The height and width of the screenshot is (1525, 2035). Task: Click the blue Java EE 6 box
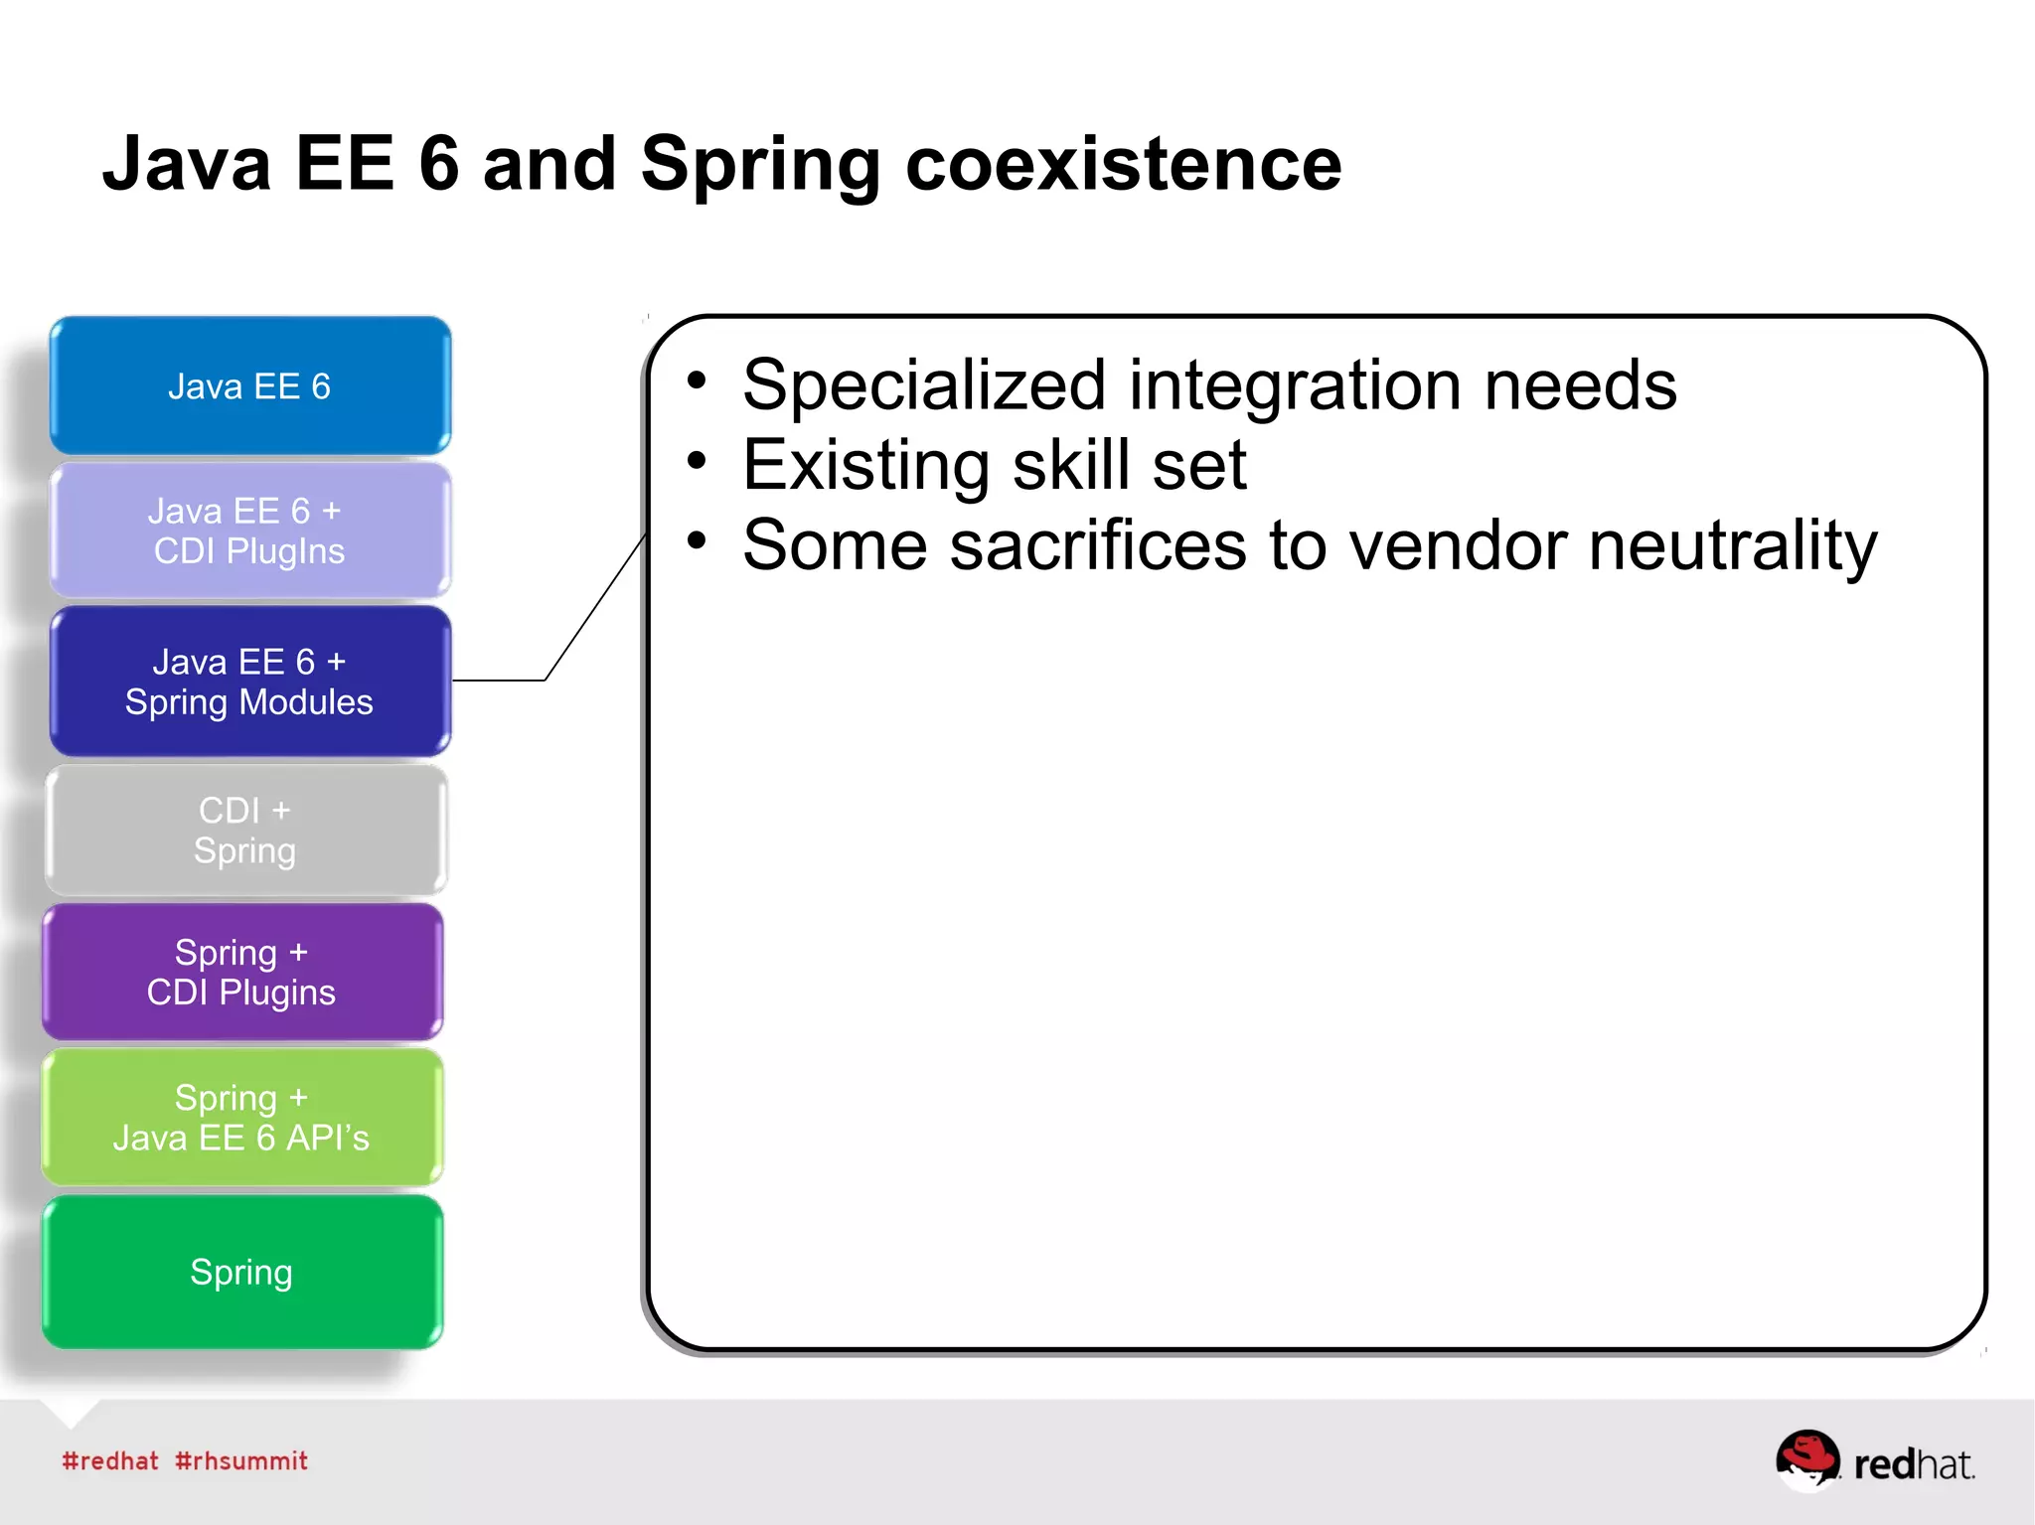click(249, 385)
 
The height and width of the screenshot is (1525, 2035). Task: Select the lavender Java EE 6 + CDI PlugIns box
click(249, 531)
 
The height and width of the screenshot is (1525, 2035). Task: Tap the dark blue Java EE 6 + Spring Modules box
click(249, 682)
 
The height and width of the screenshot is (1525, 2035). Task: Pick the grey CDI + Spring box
click(245, 831)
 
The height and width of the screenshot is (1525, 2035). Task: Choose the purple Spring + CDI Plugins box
click(241, 973)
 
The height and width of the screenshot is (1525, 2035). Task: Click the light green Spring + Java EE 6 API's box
click(241, 1118)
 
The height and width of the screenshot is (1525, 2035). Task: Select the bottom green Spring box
click(241, 1273)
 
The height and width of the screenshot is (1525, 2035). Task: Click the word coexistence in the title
click(1123, 164)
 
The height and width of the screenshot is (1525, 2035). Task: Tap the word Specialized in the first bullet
click(924, 386)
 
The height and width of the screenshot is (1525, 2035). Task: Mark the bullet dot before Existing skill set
click(697, 461)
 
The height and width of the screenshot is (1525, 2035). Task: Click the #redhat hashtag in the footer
click(110, 1461)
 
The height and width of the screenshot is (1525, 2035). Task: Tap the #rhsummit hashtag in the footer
click(241, 1461)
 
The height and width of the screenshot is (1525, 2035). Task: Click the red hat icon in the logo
click(1807, 1457)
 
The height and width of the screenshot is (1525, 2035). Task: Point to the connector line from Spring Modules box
click(594, 608)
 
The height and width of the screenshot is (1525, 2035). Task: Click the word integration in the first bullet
click(1295, 386)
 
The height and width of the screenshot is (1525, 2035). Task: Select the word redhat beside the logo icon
click(1914, 1465)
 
